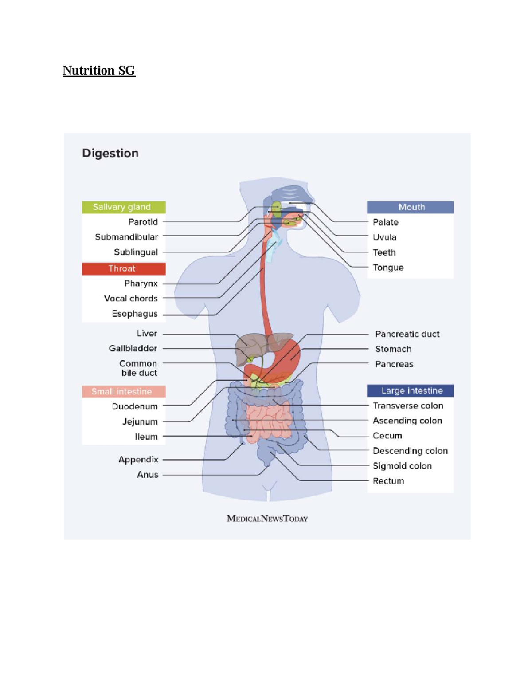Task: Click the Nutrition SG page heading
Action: click(x=99, y=71)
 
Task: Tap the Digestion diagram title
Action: click(x=110, y=154)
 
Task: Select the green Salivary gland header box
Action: click(x=124, y=207)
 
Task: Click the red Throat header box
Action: click(x=124, y=269)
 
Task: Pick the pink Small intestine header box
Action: click(x=124, y=391)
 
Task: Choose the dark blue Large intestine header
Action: click(x=410, y=391)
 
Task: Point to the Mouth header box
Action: click(x=410, y=207)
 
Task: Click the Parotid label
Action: click(x=143, y=222)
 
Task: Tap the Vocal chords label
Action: click(x=130, y=299)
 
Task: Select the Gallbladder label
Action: click(x=133, y=349)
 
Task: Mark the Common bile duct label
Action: click(x=138, y=368)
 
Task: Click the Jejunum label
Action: click(x=140, y=421)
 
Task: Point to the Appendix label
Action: click(x=138, y=460)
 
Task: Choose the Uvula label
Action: click(x=384, y=237)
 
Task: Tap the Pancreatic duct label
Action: click(x=407, y=334)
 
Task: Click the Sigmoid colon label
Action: click(x=402, y=466)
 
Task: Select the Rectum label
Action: click(x=388, y=481)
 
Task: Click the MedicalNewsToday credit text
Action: click(x=267, y=519)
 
